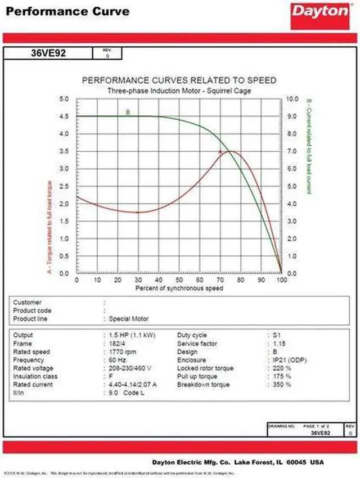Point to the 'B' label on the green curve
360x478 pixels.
128,112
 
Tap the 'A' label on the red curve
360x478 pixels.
220,151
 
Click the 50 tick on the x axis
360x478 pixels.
179,279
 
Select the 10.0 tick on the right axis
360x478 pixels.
293,98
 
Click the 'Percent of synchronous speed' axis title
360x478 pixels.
179,288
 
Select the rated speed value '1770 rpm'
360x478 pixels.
123,352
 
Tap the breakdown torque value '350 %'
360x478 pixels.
283,385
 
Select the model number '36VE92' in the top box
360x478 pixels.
47,54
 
